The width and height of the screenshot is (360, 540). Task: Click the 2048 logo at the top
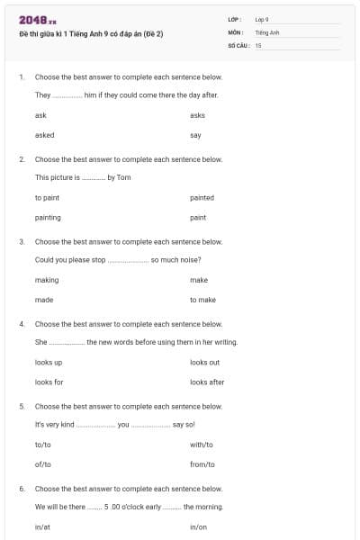37,20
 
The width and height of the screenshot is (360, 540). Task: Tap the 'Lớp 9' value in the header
262,19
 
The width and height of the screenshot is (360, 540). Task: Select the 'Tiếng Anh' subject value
267,31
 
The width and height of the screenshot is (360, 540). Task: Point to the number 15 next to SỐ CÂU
258,44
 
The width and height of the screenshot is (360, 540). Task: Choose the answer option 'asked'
44,135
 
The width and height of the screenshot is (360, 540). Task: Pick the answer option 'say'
195,135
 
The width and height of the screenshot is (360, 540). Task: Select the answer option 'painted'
202,197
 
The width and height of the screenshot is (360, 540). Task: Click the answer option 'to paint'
48,197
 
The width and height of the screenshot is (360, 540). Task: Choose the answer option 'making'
47,280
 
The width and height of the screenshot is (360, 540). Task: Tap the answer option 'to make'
202,300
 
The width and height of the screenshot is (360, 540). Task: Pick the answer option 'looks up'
49,362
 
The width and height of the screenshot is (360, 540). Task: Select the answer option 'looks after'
207,382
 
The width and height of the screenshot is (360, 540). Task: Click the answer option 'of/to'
43,464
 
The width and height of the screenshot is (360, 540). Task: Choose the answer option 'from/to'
202,464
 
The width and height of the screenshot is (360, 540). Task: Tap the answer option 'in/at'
42,526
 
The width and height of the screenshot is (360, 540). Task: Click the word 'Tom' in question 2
124,177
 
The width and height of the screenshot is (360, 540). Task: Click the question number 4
22,323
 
